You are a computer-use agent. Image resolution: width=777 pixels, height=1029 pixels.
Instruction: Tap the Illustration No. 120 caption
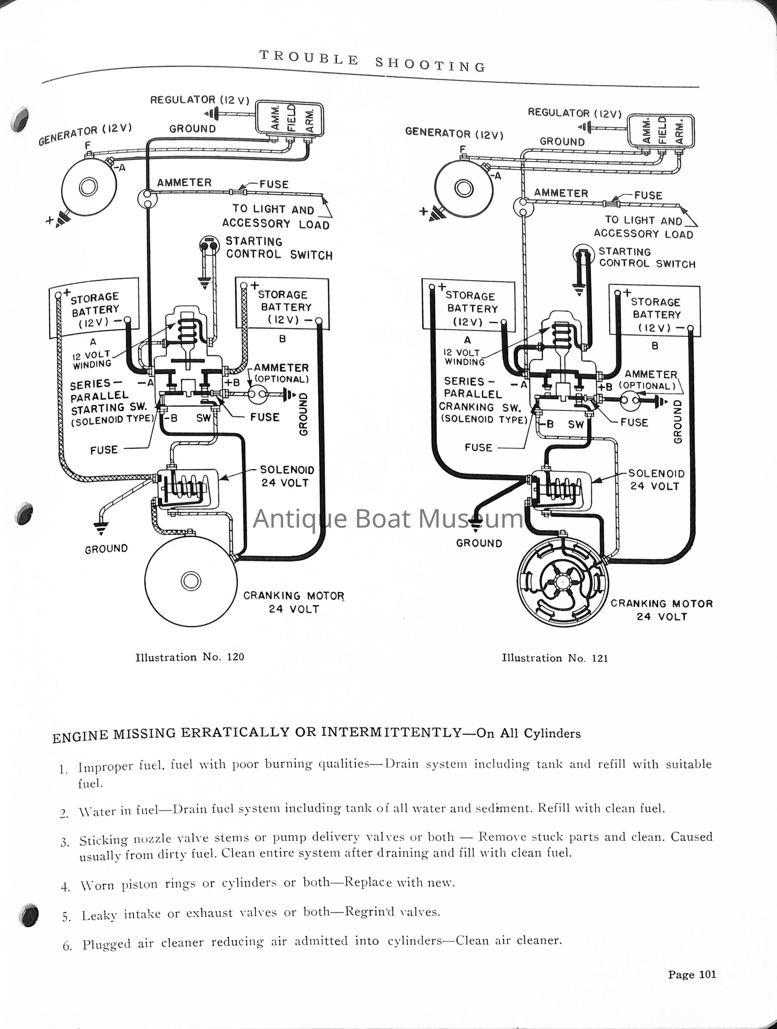[189, 657]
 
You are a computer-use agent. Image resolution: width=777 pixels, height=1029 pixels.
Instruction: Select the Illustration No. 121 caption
[554, 658]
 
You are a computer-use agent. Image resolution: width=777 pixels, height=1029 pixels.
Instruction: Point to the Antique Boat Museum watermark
[388, 518]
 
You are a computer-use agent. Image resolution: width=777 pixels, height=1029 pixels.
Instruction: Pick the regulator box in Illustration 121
[661, 131]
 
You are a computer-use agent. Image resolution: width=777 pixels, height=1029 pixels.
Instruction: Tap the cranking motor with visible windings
[562, 581]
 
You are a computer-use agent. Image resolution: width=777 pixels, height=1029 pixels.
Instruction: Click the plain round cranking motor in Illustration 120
[191, 581]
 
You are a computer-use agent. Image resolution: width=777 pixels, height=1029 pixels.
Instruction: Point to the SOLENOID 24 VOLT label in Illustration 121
[656, 480]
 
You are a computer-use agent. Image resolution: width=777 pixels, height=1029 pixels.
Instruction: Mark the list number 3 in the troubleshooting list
[65, 843]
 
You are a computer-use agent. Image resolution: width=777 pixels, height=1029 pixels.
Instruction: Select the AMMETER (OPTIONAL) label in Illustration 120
[281, 373]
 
